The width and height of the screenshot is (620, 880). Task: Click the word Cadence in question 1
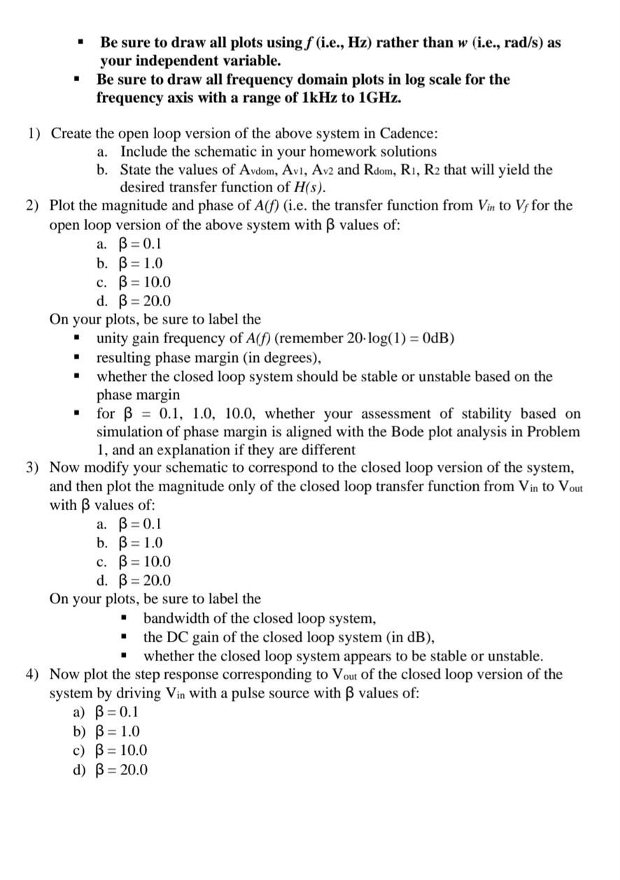click(410, 133)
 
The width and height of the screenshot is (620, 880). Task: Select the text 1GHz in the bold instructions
click(379, 97)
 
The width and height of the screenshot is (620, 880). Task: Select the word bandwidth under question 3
click(176, 619)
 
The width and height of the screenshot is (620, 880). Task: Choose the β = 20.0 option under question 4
click(120, 770)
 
